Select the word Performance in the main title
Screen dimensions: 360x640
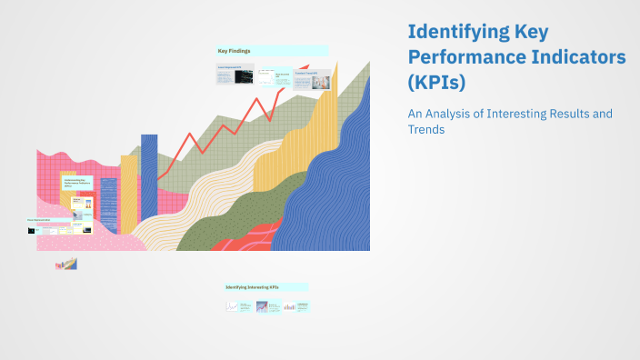[x=471, y=57]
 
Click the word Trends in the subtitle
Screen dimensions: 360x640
[x=427, y=130]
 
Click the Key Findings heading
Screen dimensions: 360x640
[x=234, y=51]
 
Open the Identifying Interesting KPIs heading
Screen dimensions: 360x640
[x=254, y=287]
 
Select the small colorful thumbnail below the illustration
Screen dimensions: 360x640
[x=66, y=264]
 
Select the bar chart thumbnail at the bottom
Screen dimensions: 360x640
[x=289, y=306]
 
